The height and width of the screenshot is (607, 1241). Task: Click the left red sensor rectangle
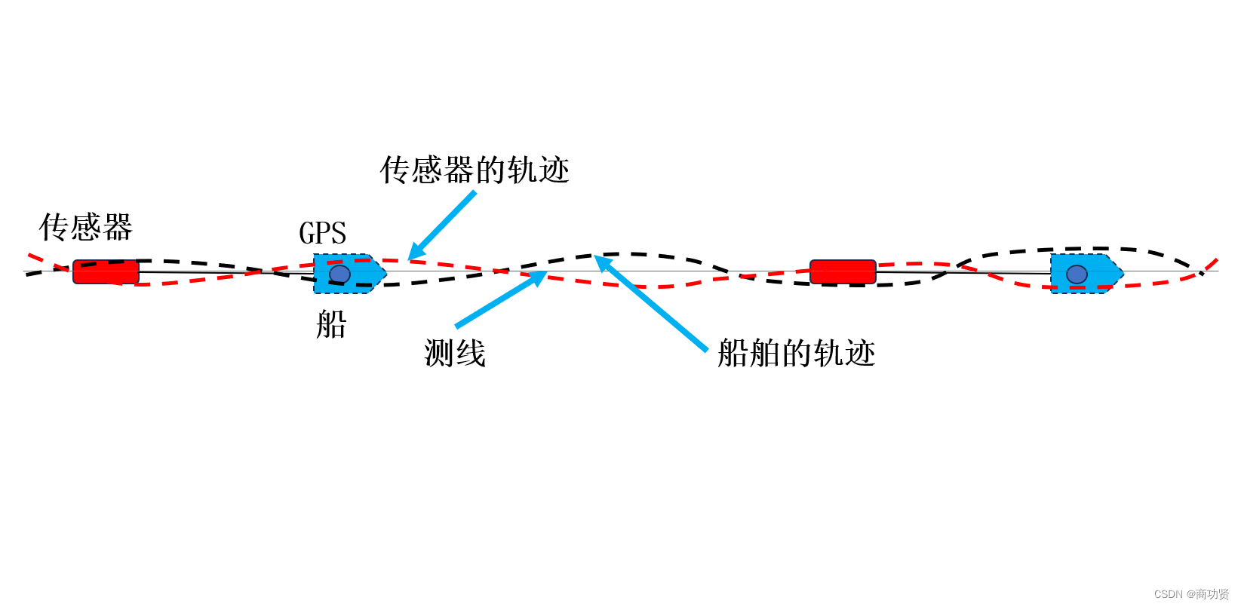pos(106,271)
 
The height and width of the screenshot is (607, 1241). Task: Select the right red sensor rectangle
pos(843,271)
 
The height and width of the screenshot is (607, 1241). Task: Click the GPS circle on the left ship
pos(340,274)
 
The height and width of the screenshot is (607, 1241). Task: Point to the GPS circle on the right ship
pos(1077,274)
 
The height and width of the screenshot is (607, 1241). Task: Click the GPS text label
pos(323,234)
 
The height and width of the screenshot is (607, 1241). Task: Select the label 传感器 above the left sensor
pos(86,227)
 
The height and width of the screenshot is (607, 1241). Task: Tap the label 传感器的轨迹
pos(475,170)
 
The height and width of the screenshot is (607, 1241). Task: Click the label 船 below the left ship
pos(331,325)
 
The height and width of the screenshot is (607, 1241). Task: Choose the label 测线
pos(455,353)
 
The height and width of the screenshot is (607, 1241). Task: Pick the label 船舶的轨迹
pos(796,353)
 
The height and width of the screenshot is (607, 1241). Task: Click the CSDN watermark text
pos(1191,594)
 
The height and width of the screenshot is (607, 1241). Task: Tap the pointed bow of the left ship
pos(382,273)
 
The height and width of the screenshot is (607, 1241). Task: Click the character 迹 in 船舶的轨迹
pos(859,353)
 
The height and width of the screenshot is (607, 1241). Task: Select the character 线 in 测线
pos(471,353)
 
